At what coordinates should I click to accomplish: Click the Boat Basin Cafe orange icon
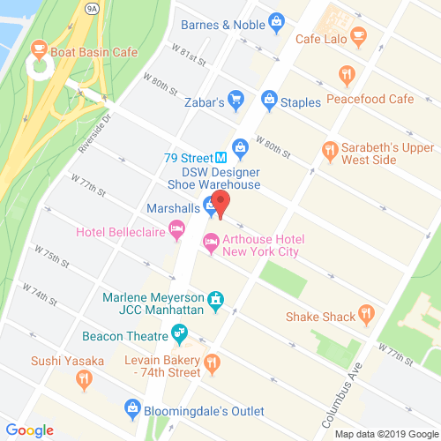click(38, 49)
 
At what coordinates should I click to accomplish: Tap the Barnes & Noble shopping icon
click(276, 19)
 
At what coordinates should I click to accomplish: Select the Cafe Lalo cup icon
click(358, 35)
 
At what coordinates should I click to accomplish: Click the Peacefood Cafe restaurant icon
click(349, 74)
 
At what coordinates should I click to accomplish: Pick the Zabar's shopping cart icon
click(235, 100)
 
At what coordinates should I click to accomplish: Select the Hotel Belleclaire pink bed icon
click(176, 230)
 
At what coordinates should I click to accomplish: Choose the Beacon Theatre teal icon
click(180, 334)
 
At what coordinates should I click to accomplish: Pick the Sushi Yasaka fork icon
click(84, 379)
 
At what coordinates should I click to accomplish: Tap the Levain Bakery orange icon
click(211, 362)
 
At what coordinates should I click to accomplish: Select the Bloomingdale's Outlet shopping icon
click(132, 407)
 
